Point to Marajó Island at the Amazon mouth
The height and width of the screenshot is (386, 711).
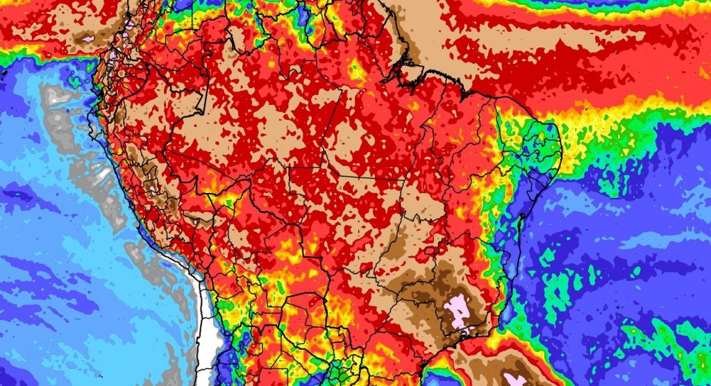(410, 69)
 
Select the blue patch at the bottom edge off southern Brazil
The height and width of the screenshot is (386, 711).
(430, 379)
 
